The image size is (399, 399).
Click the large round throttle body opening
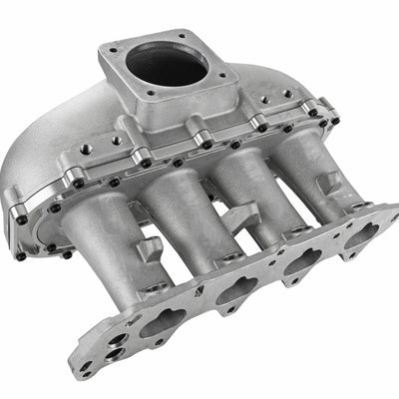click(x=168, y=65)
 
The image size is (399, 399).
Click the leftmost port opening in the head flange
click(x=160, y=324)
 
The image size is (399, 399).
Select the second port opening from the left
click(x=237, y=291)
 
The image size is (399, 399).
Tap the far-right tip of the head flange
click(x=391, y=211)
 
